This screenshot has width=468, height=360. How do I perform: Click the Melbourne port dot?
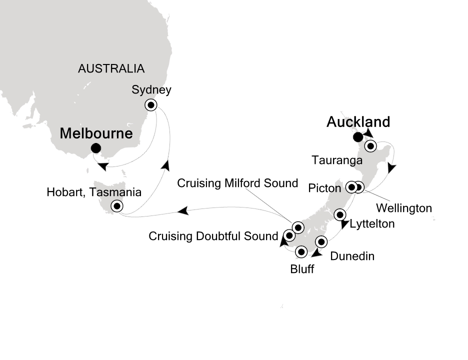coord(96,148)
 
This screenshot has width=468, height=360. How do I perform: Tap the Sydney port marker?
coord(151,105)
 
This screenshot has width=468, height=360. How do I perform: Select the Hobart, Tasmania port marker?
coord(117,205)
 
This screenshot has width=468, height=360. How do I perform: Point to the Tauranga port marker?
coord(370,146)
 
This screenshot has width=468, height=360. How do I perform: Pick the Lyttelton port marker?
coord(340,215)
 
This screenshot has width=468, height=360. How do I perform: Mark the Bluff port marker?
coord(301,251)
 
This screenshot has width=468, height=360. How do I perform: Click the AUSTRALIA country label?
coord(111,69)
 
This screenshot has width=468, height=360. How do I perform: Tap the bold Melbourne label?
coord(96,133)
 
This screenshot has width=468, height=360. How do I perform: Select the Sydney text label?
coord(151,90)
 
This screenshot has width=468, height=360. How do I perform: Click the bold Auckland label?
coord(358,122)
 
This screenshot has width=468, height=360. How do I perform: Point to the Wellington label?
coord(403,207)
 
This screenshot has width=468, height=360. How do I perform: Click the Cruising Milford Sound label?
coord(238,183)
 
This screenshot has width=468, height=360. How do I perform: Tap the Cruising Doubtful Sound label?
coord(213,236)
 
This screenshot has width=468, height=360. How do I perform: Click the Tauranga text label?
coord(336,160)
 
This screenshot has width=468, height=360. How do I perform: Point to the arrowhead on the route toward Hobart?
coord(183,212)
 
